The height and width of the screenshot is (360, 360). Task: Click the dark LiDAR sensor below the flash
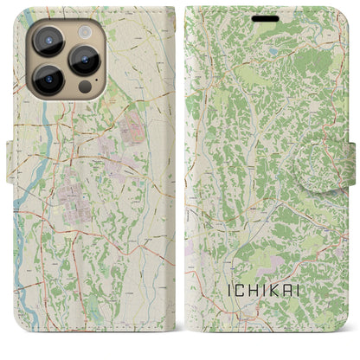pyautogui.click(x=84, y=87)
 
